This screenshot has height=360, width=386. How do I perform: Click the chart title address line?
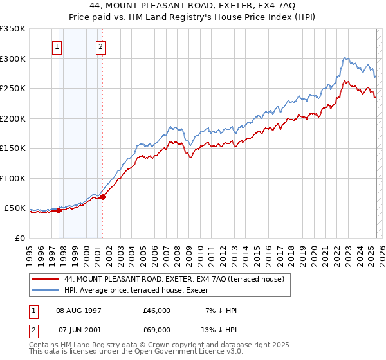pos(192,5)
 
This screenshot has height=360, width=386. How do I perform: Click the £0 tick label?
pos(19,238)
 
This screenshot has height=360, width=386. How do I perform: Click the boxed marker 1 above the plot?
pos(58,46)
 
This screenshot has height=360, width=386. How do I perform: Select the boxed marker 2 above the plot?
pos(102,46)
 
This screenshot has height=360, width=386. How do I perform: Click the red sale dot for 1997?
pos(59,210)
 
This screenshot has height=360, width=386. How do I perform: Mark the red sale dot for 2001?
pos(102,197)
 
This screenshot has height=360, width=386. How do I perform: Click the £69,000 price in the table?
pos(157,330)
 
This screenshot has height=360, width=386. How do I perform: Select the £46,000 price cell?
pos(157,310)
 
